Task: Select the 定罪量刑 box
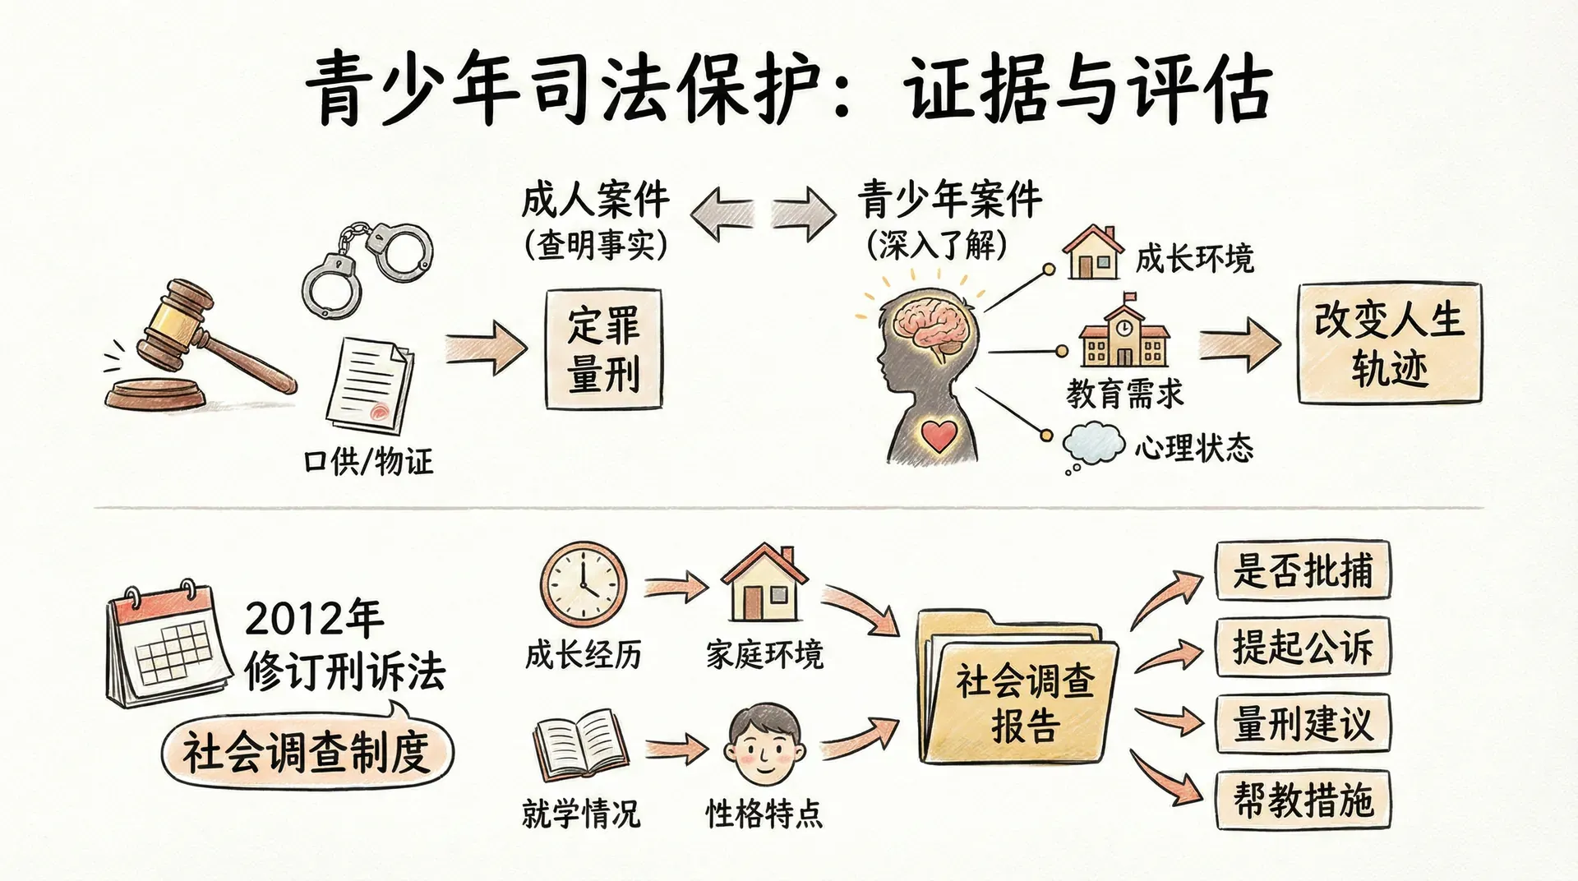pos(604,348)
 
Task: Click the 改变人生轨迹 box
pos(1389,344)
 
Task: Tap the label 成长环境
pos(1194,259)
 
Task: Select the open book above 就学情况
pos(580,746)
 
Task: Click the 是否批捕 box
pos(1303,570)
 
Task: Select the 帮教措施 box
pos(1303,800)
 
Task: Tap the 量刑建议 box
pos(1303,724)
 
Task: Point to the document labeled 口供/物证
pos(370,386)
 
